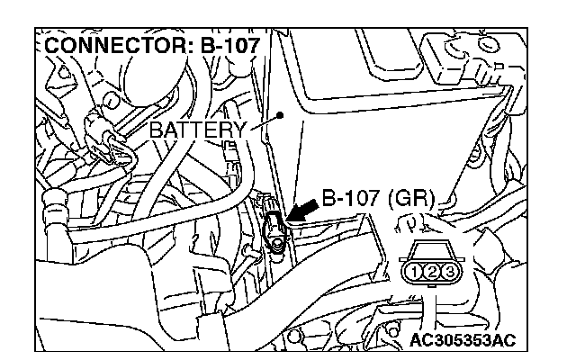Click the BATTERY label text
(x=197, y=130)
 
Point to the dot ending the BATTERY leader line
(x=282, y=114)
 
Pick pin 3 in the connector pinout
(x=451, y=270)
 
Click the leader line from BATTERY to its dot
(x=265, y=125)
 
